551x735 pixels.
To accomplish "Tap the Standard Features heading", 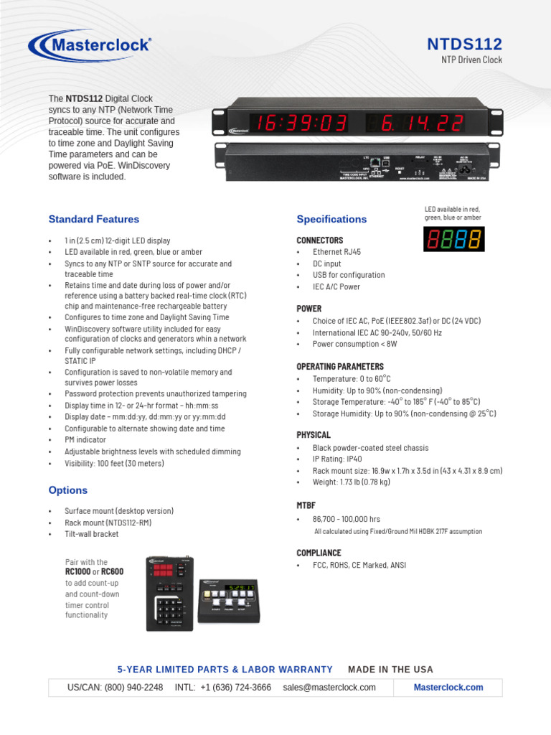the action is click(x=93, y=219).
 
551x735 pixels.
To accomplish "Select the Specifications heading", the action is click(x=331, y=219).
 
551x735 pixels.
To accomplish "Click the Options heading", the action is click(x=67, y=490).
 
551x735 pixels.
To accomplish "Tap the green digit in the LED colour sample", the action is click(x=446, y=239).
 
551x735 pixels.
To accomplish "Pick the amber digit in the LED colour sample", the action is click(x=474, y=239).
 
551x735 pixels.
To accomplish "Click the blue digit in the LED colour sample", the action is click(x=461, y=239).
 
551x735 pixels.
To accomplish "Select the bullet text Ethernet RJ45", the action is click(x=336, y=252).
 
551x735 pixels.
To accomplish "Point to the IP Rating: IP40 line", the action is click(x=337, y=459).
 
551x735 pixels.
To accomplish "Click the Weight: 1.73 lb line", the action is click(x=351, y=482).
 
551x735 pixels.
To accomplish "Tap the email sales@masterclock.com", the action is click(x=329, y=687).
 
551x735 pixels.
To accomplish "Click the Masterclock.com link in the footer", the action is click(x=448, y=687).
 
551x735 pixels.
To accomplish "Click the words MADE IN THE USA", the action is click(x=390, y=670).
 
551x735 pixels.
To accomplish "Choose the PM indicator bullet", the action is click(x=85, y=440).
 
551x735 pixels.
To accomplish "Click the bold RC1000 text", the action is click(x=77, y=572).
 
